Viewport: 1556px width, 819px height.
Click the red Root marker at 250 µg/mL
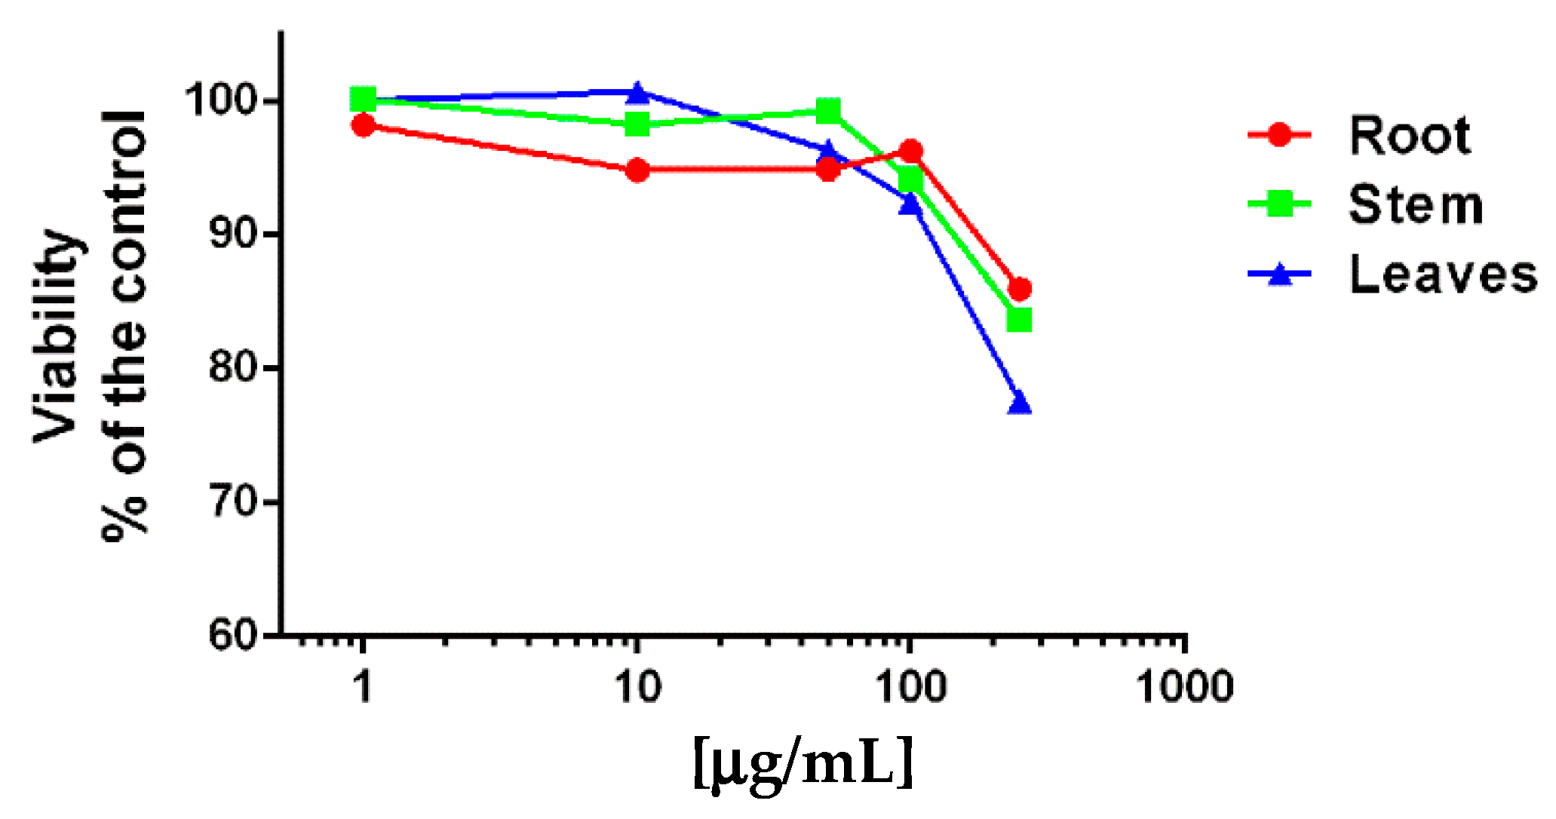pos(1019,289)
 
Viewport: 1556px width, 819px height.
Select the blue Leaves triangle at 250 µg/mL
pos(1019,403)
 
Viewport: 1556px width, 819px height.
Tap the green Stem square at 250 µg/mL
pos(1019,320)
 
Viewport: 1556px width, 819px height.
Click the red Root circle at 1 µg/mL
pos(364,125)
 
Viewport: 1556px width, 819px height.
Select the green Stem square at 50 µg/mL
pos(828,112)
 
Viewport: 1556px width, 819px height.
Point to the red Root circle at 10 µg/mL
pos(638,170)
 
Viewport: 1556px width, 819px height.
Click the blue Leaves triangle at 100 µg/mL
pos(910,204)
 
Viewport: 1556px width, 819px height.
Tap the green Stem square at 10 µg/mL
pos(638,124)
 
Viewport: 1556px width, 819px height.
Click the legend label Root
pos(1409,136)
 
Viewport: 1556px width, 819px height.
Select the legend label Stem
pos(1415,205)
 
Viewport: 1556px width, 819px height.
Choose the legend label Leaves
pos(1442,275)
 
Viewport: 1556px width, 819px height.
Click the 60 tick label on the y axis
pos(232,635)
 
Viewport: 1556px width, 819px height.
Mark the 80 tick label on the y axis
pos(232,367)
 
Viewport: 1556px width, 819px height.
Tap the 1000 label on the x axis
pos(1184,687)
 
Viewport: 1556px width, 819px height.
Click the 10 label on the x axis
pos(638,687)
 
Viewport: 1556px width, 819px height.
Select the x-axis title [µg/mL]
pos(803,763)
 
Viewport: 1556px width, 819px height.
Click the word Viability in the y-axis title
pos(57,336)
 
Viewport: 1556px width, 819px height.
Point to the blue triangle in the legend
pos(1279,275)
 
